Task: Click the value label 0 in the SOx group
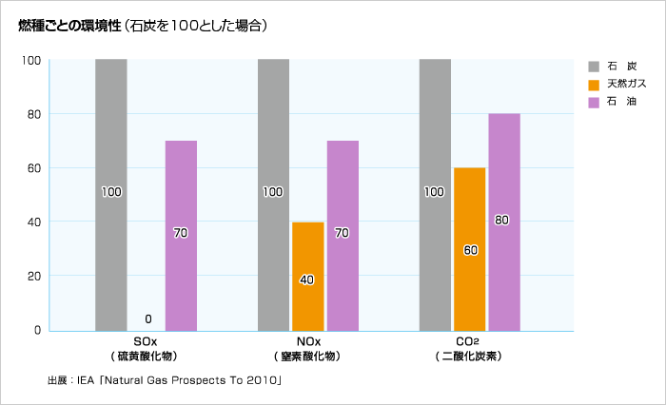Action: (x=147, y=318)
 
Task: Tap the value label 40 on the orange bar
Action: (x=307, y=280)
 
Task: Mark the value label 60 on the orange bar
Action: (x=470, y=250)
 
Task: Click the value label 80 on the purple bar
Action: (x=502, y=220)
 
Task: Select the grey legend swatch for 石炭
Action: (x=594, y=67)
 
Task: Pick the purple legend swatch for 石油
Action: (x=594, y=101)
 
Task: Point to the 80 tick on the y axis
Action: (x=32, y=114)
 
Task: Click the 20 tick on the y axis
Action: (x=32, y=277)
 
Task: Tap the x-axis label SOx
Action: (x=147, y=341)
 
